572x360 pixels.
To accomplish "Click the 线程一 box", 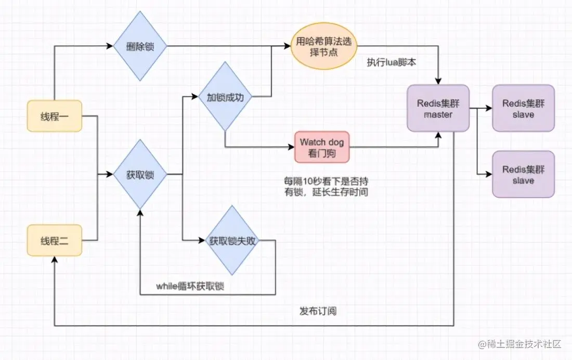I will [55, 115].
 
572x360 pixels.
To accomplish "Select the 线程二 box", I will [55, 240].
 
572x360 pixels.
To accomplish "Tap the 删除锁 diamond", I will [140, 46].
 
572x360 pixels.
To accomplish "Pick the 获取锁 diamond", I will [140, 174].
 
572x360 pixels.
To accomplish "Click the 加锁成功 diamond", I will [225, 97].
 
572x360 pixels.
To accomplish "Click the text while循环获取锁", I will [190, 287].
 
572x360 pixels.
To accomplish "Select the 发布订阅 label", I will [318, 311].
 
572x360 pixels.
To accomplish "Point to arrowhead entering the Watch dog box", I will [291, 147].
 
